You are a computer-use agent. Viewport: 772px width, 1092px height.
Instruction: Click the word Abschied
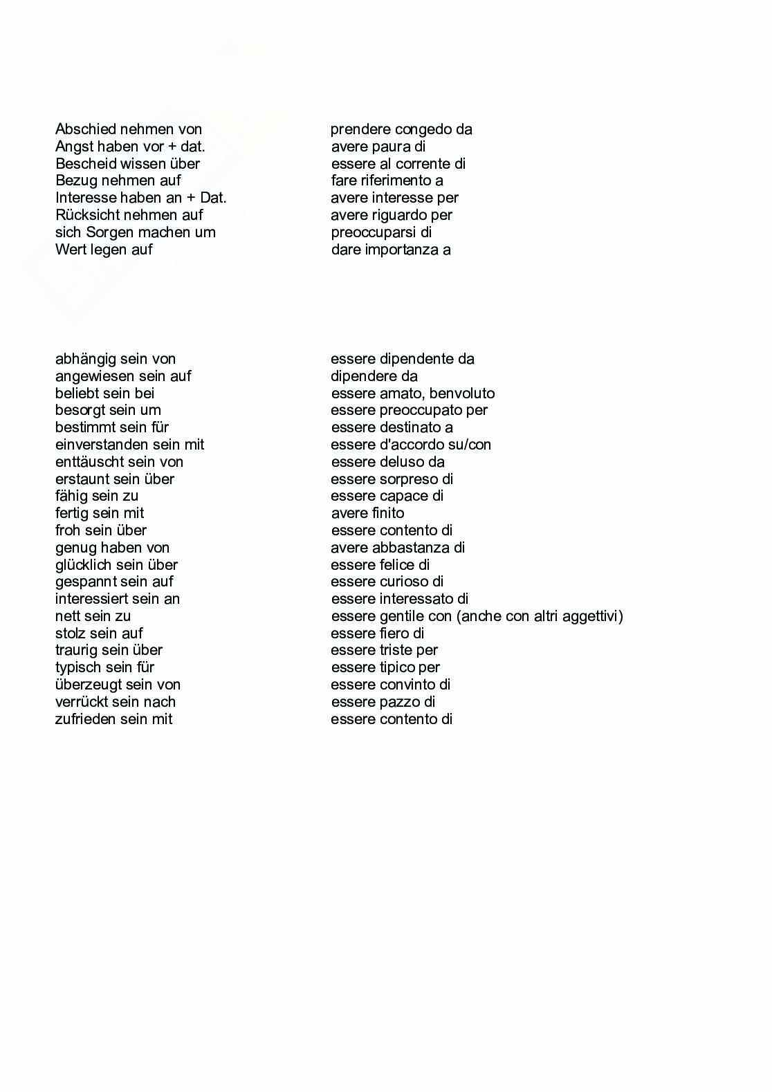pyautogui.click(x=86, y=129)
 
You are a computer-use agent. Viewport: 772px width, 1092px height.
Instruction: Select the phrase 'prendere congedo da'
pyautogui.click(x=401, y=129)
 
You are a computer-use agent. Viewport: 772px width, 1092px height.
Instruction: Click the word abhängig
pyautogui.click(x=86, y=359)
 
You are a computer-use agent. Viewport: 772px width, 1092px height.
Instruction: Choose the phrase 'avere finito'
pyautogui.click(x=367, y=513)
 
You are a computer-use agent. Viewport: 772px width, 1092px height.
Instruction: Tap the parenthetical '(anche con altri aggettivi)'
pyautogui.click(x=540, y=616)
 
